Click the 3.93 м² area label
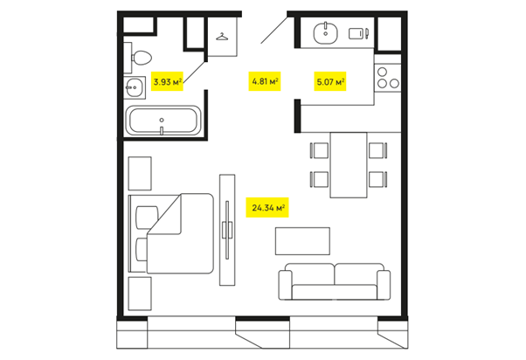click(167, 81)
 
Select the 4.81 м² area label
click(265, 81)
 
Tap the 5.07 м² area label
click(330, 81)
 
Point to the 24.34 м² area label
click(267, 208)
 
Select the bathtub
click(163, 121)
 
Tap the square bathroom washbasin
click(135, 87)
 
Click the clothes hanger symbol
click(222, 36)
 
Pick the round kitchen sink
click(325, 33)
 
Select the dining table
click(349, 165)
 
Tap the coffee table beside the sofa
click(302, 241)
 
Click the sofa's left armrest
click(286, 285)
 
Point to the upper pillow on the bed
click(146, 218)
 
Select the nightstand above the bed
click(140, 174)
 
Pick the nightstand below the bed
click(140, 294)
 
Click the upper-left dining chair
click(320, 150)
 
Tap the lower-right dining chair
click(377, 179)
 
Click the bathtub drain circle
click(162, 120)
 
